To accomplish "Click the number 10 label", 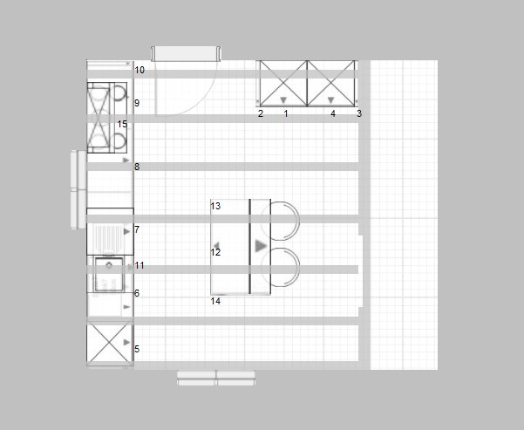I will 140,70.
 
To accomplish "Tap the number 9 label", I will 137,104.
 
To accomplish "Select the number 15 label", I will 122,125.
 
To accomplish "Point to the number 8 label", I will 137,167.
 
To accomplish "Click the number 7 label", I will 137,229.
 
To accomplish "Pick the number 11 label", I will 140,265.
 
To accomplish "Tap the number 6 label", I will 137,294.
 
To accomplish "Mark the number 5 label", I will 137,350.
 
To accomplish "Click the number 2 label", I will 261,114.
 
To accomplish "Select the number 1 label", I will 285,114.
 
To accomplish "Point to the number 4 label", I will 333,114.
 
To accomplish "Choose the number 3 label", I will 358,114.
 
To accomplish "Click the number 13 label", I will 216,207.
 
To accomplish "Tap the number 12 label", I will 216,253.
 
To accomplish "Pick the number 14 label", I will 216,302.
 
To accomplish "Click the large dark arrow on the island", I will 261,247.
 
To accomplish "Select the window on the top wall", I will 184,54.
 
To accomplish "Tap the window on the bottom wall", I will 216,378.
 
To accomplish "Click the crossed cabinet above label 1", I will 283,84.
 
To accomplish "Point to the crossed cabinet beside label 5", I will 109,345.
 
